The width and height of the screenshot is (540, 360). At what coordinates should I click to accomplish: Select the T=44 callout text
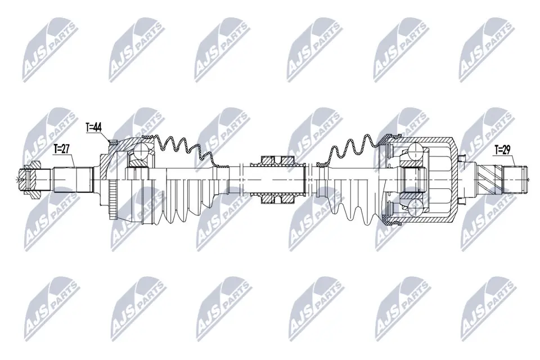click(x=93, y=128)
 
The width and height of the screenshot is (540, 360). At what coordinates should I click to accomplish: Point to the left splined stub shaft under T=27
click(x=73, y=179)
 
